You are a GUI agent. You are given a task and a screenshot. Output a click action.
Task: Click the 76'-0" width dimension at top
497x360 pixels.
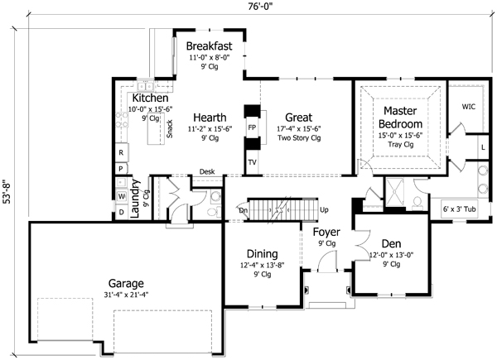pyautogui.click(x=248, y=7)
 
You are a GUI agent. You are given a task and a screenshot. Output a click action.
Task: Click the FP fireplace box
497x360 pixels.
pyautogui.click(x=252, y=128)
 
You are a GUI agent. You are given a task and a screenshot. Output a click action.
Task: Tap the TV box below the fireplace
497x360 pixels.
pyautogui.click(x=252, y=163)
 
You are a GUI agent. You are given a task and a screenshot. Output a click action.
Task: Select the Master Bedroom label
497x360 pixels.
pyautogui.click(x=401, y=117)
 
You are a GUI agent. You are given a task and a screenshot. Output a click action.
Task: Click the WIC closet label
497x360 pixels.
pyautogui.click(x=468, y=107)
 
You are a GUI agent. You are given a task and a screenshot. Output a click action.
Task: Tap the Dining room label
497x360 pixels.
pyautogui.click(x=261, y=253)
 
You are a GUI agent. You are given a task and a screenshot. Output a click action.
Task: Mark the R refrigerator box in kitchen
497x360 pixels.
pyautogui.click(x=121, y=153)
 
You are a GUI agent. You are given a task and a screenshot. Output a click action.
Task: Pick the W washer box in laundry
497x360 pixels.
pyautogui.click(x=121, y=196)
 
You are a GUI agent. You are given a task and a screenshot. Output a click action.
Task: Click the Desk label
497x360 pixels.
pyautogui.click(x=207, y=172)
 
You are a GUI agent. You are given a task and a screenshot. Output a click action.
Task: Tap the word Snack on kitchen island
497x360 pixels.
pyautogui.click(x=170, y=129)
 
